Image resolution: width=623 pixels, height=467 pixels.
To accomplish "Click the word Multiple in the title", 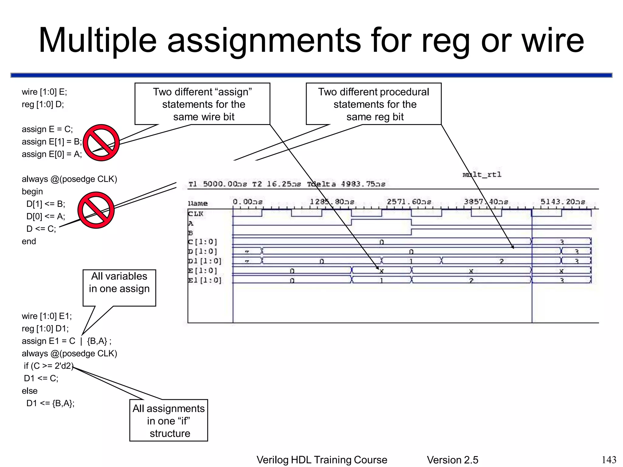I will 97,41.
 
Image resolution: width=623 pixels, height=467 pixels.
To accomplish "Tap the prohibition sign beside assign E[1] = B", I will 101,143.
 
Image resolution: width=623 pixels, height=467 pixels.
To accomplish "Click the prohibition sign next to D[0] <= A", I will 96,210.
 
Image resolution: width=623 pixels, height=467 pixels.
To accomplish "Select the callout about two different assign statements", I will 202,104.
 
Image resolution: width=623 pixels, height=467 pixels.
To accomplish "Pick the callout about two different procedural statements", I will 374,104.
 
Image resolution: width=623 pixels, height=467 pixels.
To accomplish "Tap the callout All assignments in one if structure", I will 169,420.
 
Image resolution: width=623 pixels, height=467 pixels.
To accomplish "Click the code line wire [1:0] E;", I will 44,92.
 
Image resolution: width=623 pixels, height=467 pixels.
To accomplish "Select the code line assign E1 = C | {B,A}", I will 66,341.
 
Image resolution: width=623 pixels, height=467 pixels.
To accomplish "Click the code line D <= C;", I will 41,229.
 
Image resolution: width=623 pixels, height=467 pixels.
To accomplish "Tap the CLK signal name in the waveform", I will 195,214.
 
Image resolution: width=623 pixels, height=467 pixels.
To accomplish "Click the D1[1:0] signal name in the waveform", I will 204,261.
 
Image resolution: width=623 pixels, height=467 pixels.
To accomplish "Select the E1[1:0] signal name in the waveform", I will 204,280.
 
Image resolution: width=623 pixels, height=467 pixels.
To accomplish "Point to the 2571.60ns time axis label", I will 409,202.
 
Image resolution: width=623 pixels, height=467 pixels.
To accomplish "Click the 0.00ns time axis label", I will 247,202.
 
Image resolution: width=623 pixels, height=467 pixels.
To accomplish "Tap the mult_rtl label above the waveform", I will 482,175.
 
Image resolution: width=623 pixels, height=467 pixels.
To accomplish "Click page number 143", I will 609,459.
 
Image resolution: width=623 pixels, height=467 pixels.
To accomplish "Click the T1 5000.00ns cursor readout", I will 218,184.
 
